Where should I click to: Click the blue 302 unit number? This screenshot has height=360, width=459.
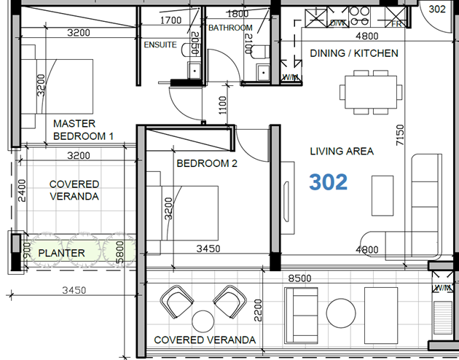click(x=329, y=182)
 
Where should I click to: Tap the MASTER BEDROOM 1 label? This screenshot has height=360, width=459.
click(x=84, y=130)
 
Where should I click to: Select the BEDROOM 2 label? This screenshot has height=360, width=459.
click(x=207, y=164)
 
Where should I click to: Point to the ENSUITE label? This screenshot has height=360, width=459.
click(x=160, y=45)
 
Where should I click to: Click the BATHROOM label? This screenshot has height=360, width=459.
click(x=229, y=28)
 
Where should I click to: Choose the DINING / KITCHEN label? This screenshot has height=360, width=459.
click(x=354, y=53)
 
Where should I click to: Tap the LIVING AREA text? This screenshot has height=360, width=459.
click(x=342, y=152)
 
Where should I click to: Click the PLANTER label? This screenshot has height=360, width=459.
click(x=62, y=253)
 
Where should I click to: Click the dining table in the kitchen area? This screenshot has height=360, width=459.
click(x=370, y=92)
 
